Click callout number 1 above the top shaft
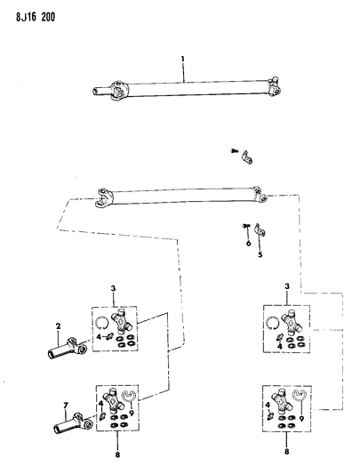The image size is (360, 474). [x=182, y=59]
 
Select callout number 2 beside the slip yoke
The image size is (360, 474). [x=58, y=326]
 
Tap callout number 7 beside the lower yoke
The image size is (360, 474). [x=66, y=405]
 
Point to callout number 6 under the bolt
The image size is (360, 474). [x=249, y=243]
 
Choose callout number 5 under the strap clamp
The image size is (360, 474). [x=260, y=254]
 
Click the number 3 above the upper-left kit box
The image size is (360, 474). [x=113, y=288]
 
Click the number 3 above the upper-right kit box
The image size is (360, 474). [x=287, y=286]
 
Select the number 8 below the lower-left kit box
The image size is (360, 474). [x=117, y=454]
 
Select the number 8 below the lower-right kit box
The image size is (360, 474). [x=286, y=452]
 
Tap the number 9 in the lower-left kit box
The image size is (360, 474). [x=132, y=414]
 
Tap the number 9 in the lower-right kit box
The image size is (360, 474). [x=301, y=419]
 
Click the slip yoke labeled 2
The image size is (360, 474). [x=68, y=349]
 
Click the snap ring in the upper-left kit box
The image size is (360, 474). [x=101, y=322]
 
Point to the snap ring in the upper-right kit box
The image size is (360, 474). [x=273, y=322]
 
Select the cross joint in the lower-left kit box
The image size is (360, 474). [x=114, y=401]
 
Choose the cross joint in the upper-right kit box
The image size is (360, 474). [x=292, y=322]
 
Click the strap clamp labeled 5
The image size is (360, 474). [x=259, y=229]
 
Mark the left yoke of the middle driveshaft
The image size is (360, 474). [x=105, y=197]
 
